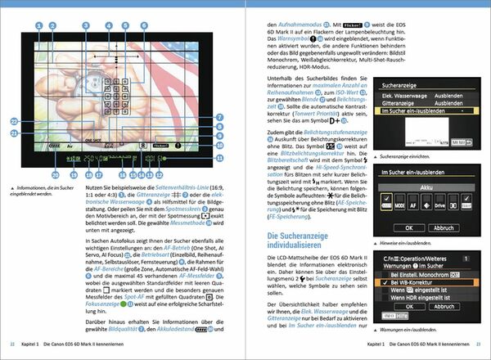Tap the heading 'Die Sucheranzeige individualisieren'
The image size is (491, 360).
pos(313,241)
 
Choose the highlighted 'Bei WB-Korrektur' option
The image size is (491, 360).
pos(423,282)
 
